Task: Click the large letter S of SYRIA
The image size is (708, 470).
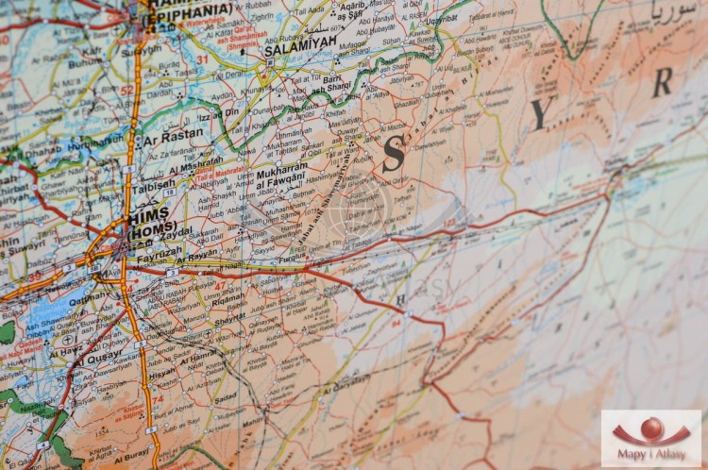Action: (x=394, y=154)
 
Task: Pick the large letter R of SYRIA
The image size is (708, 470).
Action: (x=663, y=83)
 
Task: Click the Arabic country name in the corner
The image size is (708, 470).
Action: (x=673, y=15)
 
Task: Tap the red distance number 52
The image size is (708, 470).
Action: (x=126, y=91)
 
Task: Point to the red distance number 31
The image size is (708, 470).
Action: (x=201, y=59)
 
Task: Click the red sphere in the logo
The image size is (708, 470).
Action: (x=651, y=428)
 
